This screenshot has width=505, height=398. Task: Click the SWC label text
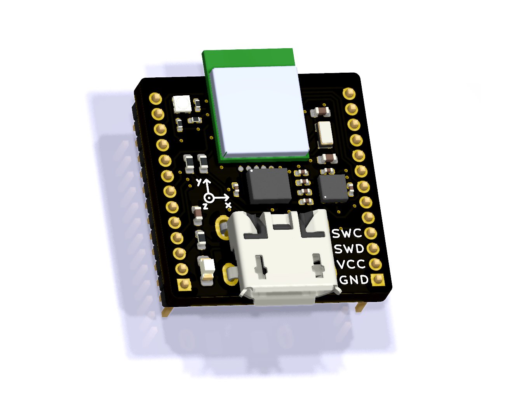[347, 233]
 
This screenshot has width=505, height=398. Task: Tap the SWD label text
[349, 249]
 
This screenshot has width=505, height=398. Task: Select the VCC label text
[351, 264]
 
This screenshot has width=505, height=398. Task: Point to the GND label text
[353, 280]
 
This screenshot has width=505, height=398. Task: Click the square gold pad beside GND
[378, 279]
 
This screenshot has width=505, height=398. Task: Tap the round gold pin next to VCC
[376, 264]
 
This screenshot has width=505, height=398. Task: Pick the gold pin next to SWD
[373, 248]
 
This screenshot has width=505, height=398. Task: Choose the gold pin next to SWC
[371, 233]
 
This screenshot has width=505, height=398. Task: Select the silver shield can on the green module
[259, 112]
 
